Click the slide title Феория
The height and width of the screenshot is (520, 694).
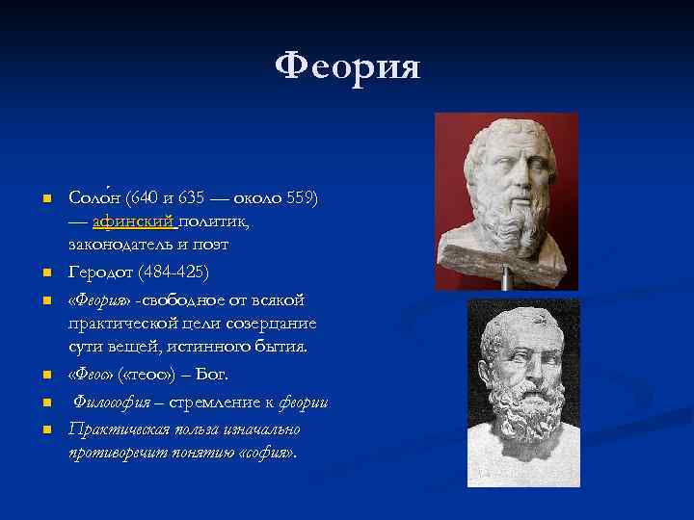(347, 68)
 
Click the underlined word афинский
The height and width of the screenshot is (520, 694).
(134, 221)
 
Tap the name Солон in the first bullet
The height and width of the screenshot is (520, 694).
(93, 198)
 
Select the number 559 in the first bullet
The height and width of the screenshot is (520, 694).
(298, 198)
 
